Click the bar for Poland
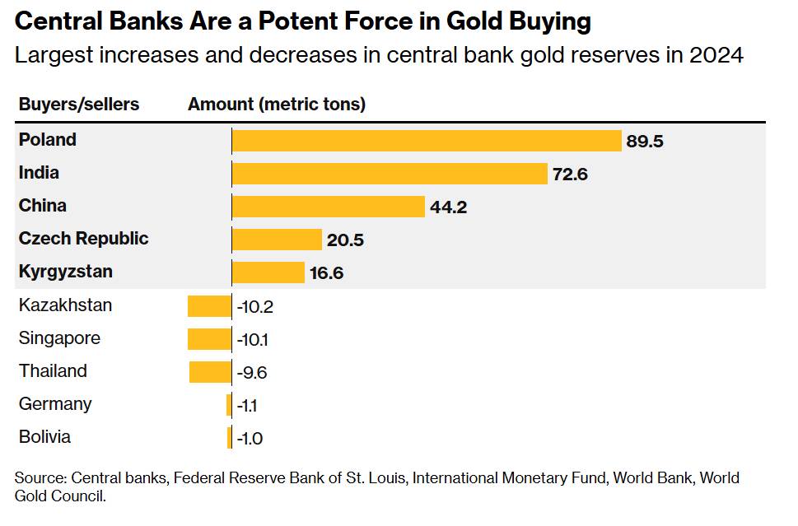[426, 141]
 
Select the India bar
[390, 174]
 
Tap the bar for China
[328, 207]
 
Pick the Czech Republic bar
[277, 240]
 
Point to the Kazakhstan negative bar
[209, 306]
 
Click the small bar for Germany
[229, 405]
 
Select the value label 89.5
[645, 141]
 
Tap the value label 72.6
[570, 175]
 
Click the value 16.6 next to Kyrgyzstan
[327, 273]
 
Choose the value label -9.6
[252, 373]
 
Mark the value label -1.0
[250, 439]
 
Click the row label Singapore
[60, 338]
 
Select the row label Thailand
[53, 371]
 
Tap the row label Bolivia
[45, 437]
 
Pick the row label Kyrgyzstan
[66, 272]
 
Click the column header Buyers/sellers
[79, 105]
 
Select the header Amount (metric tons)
[277, 105]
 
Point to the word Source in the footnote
[39, 478]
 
